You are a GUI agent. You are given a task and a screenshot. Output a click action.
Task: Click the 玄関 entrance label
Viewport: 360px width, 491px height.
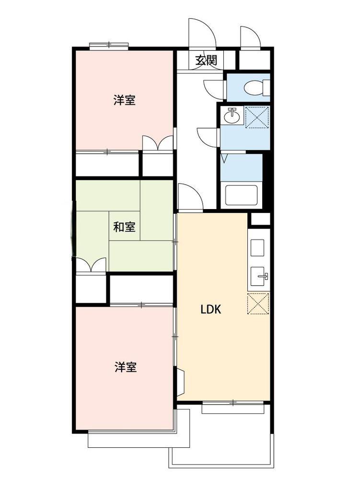(206, 60)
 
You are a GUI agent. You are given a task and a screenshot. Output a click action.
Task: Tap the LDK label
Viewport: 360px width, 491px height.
(210, 309)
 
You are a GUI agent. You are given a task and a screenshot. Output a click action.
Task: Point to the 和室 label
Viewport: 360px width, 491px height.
(124, 227)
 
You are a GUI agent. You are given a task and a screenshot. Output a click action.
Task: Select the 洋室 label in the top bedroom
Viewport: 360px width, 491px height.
(124, 100)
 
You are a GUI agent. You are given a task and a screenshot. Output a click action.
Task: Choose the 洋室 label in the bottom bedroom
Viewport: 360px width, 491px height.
(125, 367)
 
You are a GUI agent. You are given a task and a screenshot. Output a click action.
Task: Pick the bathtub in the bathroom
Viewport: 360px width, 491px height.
(241, 196)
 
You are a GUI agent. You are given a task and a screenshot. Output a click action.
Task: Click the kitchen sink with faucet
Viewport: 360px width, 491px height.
(259, 276)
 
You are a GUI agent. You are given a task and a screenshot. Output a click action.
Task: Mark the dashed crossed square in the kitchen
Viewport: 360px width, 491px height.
(258, 303)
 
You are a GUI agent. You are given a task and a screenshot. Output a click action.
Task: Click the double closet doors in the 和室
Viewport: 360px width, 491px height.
(91, 265)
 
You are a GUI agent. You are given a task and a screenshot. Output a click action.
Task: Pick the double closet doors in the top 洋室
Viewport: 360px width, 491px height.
(157, 143)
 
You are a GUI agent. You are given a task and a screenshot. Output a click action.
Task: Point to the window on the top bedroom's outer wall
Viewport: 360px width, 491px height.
(109, 46)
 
